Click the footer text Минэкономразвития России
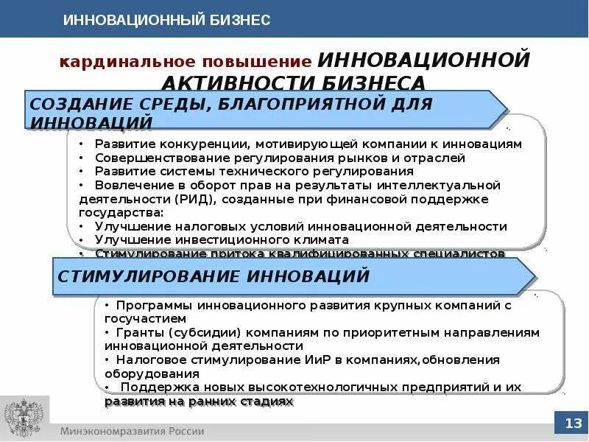pyautogui.click(x=133, y=431)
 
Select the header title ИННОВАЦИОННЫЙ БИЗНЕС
pyautogui.click(x=166, y=20)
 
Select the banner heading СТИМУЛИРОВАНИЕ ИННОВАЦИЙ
pyautogui.click(x=213, y=277)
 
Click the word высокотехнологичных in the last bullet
pyautogui.click(x=310, y=386)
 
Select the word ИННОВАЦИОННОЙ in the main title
pyautogui.click(x=424, y=59)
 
